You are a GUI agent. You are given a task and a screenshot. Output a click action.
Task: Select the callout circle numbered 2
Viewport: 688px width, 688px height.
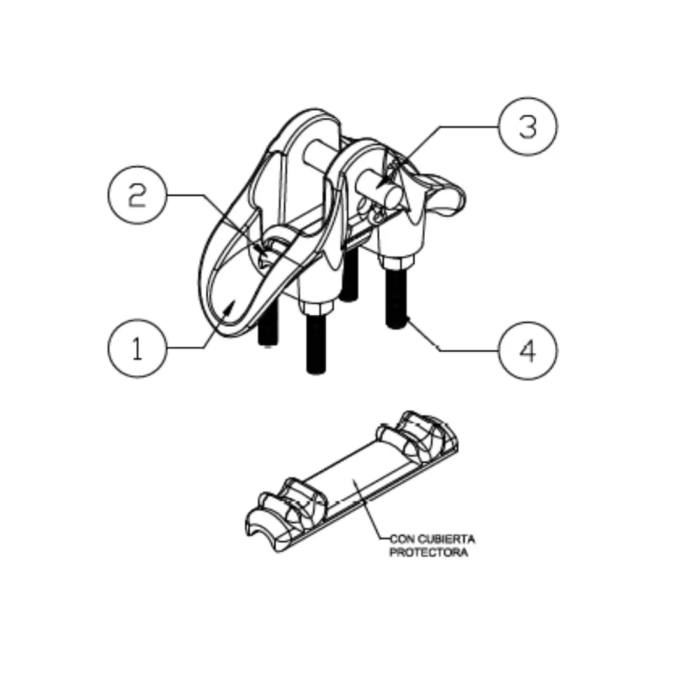[137, 195]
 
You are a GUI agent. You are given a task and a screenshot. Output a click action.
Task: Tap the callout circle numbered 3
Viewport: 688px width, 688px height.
[527, 127]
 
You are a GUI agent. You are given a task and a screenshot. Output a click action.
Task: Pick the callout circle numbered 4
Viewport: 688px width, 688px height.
[527, 350]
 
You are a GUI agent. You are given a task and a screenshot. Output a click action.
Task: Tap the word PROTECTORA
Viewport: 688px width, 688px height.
[428, 552]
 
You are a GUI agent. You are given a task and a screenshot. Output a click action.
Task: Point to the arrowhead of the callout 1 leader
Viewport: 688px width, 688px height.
[230, 306]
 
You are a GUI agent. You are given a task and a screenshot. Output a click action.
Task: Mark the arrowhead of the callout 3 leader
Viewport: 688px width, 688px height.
[381, 186]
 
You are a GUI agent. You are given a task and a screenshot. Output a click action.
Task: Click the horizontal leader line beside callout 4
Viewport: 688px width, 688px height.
[468, 350]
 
